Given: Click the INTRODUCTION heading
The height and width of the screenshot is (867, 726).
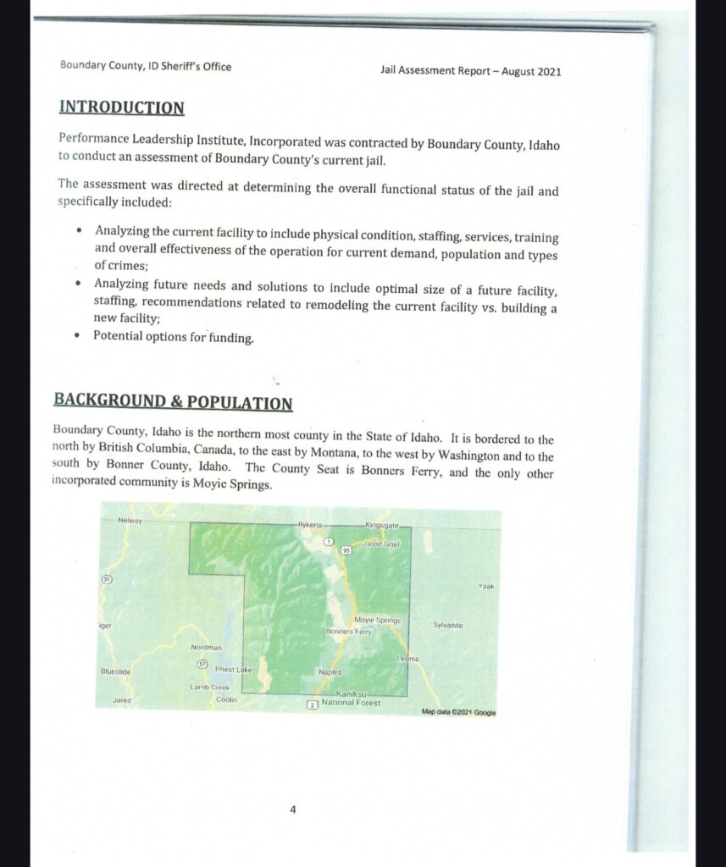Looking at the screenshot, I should (122, 108).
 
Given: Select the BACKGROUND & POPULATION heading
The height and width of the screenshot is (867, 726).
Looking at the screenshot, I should (173, 401).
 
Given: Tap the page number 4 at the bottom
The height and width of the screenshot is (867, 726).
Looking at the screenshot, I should (293, 809).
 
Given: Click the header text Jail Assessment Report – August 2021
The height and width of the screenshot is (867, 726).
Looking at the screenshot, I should (471, 71).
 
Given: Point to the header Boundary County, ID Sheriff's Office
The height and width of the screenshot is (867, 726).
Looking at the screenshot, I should (146, 66).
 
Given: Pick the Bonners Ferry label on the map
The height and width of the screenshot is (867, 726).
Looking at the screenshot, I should (349, 632).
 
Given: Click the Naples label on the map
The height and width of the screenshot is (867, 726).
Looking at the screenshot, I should (330, 672).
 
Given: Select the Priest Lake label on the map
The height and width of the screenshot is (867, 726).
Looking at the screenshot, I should (234, 670).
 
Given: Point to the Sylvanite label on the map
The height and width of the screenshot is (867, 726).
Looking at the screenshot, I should (447, 625).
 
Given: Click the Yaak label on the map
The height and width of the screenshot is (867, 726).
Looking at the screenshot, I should (485, 585).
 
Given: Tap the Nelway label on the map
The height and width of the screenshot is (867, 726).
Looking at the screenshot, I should (130, 520).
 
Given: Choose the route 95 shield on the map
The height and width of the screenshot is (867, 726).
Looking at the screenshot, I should (346, 550).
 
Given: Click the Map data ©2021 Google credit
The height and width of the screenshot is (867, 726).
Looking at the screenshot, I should (458, 712).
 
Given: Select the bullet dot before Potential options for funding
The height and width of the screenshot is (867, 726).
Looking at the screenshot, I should (78, 336).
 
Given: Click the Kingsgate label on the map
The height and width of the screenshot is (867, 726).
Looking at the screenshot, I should (381, 527).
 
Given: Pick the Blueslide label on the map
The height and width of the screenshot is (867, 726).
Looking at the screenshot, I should (114, 671).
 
